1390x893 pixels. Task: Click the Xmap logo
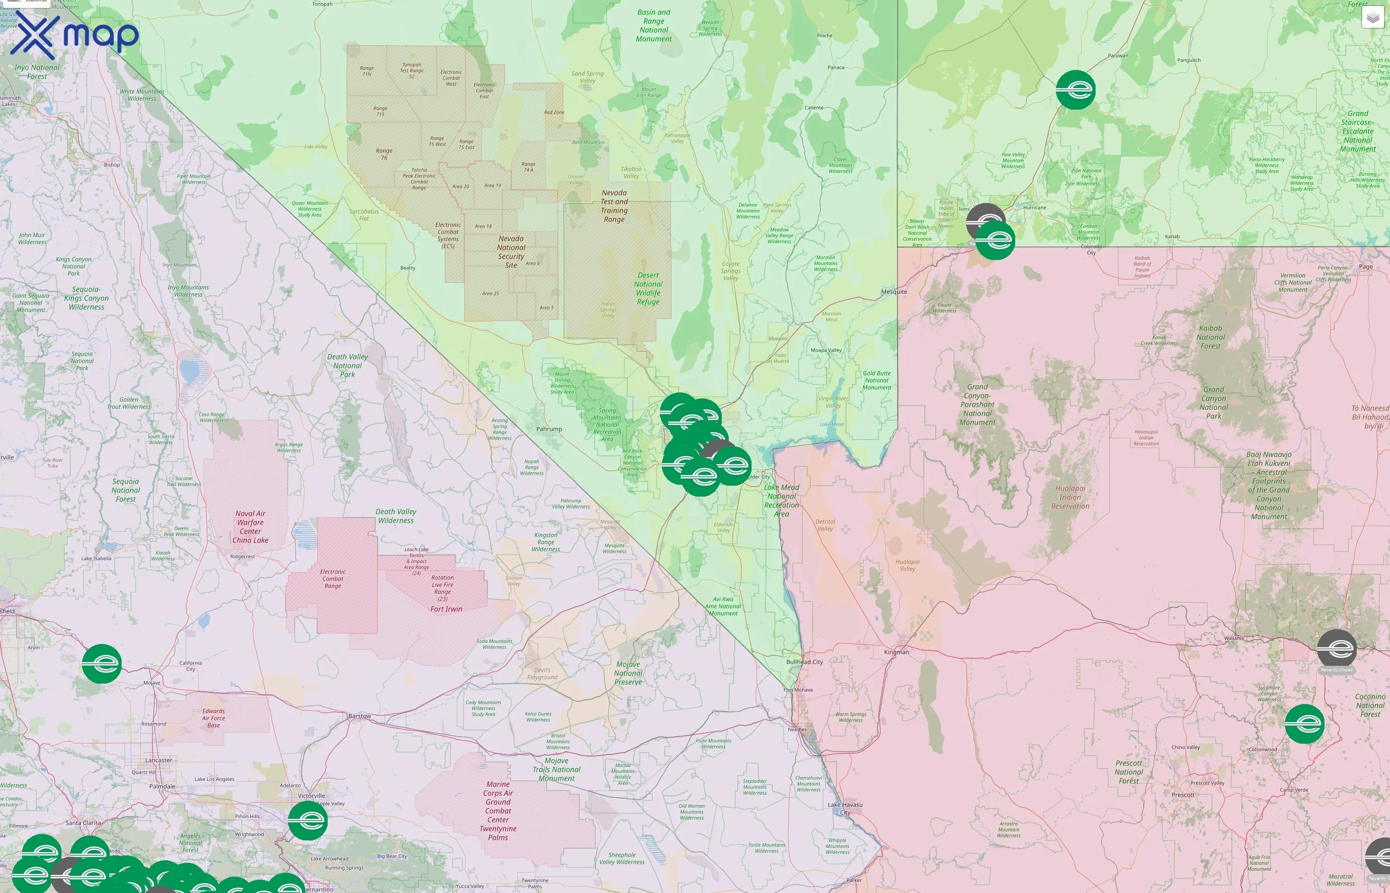pyautogui.click(x=74, y=36)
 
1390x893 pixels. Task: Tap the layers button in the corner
pyautogui.click(x=1373, y=17)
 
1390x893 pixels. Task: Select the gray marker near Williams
pyautogui.click(x=1336, y=649)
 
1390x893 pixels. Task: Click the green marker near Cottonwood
pyautogui.click(x=1304, y=724)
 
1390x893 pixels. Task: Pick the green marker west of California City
pyautogui.click(x=102, y=664)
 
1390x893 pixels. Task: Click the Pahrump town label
pyautogui.click(x=549, y=429)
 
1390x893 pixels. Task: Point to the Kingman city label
pyautogui.click(x=897, y=652)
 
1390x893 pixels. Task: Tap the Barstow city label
pyautogui.click(x=359, y=716)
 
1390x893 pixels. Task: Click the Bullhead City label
pyautogui.click(x=804, y=662)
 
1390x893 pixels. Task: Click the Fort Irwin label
pyautogui.click(x=446, y=609)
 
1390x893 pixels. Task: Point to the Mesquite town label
pyautogui.click(x=894, y=292)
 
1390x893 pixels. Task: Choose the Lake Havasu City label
pyautogui.click(x=845, y=808)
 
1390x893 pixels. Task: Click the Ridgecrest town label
pyautogui.click(x=242, y=557)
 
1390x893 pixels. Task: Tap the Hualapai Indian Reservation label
pyautogui.click(x=1070, y=498)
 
